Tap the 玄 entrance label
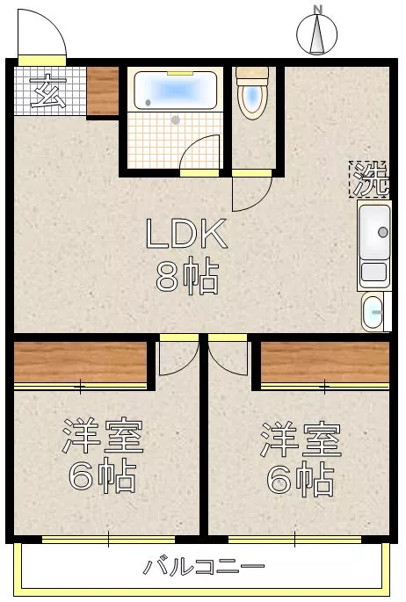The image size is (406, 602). [x=49, y=91]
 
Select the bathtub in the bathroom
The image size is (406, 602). [x=176, y=91]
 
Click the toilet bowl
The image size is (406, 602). [x=252, y=92]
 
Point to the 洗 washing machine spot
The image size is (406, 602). [x=369, y=179]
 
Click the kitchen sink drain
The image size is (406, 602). [x=382, y=232]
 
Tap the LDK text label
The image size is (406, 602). [x=186, y=234]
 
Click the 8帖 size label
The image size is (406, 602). [x=187, y=275]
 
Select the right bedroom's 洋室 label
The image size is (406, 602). [x=301, y=439]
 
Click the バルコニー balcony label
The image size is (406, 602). [x=204, y=566]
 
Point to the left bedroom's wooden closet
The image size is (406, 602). [x=80, y=363]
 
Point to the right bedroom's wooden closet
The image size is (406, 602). [x=325, y=363]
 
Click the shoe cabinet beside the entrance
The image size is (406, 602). [x=103, y=91]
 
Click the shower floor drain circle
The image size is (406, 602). [x=176, y=120]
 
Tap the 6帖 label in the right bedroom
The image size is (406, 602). [x=301, y=477]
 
